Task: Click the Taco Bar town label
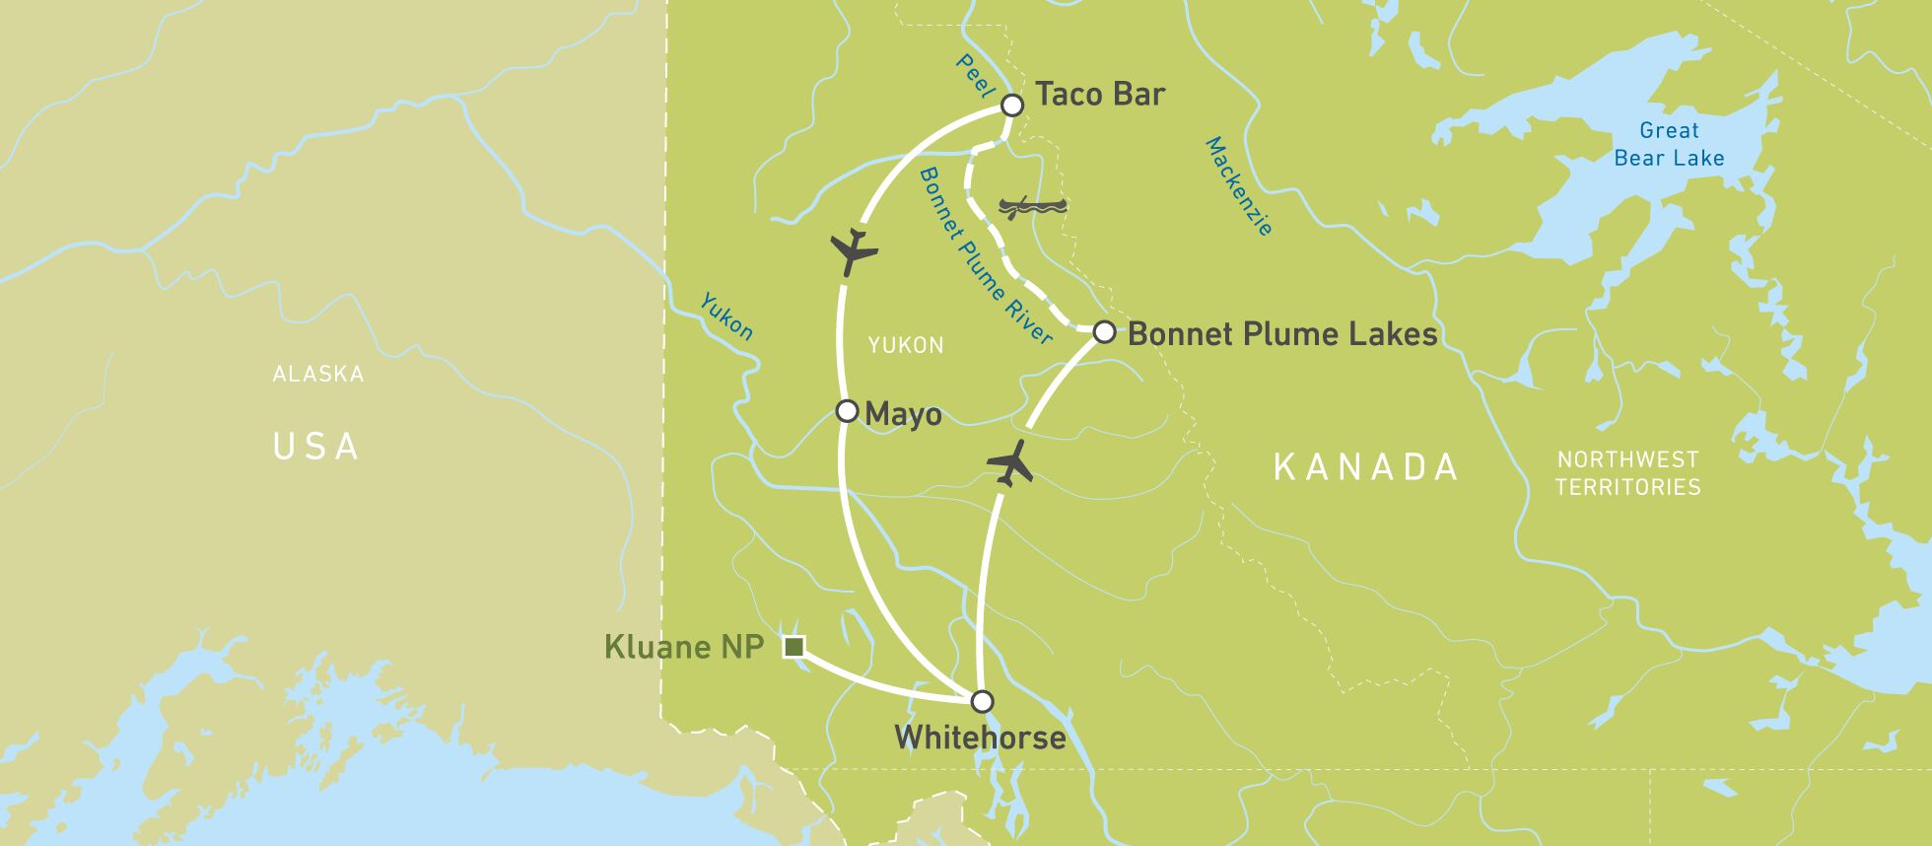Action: coord(1099,95)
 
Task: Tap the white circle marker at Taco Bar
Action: coord(1011,105)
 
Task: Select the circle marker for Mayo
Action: coord(847,411)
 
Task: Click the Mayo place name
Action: coord(903,415)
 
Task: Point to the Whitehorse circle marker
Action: coord(982,701)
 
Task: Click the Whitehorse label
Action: coord(980,738)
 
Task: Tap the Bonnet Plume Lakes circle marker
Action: coord(1104,332)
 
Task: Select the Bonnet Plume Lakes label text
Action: coord(1281,334)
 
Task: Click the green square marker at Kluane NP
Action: coord(793,647)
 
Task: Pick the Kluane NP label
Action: coord(683,648)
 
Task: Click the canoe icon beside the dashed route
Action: coord(1032,207)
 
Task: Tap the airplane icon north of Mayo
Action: coord(853,251)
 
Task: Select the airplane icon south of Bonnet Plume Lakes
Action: coord(1010,462)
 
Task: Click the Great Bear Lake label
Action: coord(1669,144)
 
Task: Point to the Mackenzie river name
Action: coord(1239,186)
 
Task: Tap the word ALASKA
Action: coord(318,375)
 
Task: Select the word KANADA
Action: coord(1365,467)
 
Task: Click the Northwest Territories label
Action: coord(1627,473)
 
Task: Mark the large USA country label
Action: coord(316,447)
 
